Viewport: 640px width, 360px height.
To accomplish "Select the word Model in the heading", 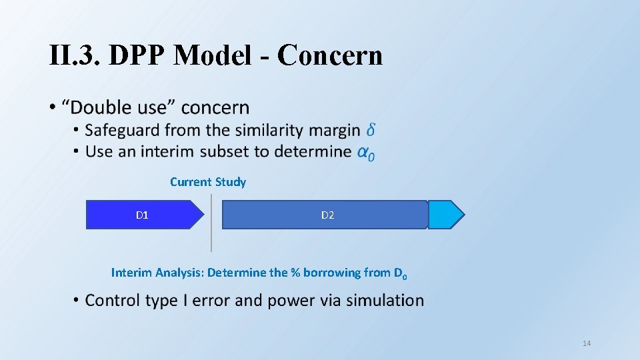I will coord(213,56).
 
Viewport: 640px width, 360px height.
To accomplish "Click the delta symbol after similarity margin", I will coord(370,130).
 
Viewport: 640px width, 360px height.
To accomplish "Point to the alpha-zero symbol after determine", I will coord(366,152).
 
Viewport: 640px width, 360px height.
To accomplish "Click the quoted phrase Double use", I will coord(119,107).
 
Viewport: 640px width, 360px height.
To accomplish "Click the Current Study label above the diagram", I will coord(208,182).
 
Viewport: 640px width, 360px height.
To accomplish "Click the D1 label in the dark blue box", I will coord(142,215).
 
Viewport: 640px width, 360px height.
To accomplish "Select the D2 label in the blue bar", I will coord(327,215).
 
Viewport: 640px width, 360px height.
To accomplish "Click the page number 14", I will coord(587,343).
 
